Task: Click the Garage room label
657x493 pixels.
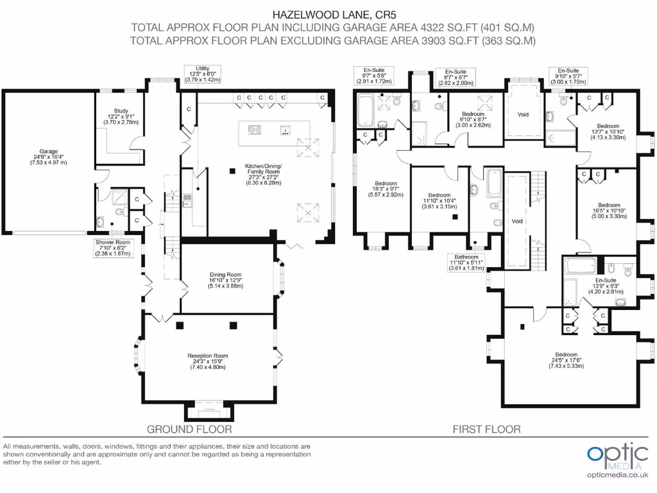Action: (x=49, y=157)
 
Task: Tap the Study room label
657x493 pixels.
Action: (x=121, y=117)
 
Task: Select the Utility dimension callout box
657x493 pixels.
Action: (x=203, y=74)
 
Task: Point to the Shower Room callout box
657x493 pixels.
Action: (x=113, y=248)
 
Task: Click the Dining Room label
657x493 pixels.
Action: (x=225, y=280)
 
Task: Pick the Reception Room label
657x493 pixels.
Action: (x=208, y=361)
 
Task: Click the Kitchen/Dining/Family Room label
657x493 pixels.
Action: (x=264, y=175)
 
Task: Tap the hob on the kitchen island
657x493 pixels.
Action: (x=254, y=130)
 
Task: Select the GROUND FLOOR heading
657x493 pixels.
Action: (x=189, y=429)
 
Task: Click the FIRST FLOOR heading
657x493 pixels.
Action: (x=486, y=429)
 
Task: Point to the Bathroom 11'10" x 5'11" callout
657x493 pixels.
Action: (x=466, y=263)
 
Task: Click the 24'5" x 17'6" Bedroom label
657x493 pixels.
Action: (x=567, y=360)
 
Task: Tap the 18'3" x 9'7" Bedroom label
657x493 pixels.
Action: (x=386, y=189)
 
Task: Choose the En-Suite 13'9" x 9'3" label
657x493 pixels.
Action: (x=606, y=286)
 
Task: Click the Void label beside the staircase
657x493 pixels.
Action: (x=517, y=221)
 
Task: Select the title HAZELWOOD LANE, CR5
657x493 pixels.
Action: (x=334, y=15)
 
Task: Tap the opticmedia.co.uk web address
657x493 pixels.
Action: (x=618, y=475)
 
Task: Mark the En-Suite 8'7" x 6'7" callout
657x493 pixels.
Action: (x=456, y=77)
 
